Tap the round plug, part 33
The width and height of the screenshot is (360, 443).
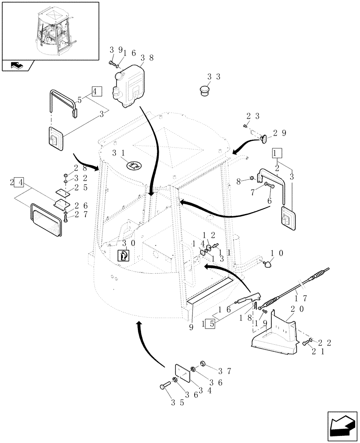(x=203, y=91)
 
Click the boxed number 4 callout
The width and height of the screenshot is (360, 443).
(x=97, y=92)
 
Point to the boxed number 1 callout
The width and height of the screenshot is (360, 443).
(x=277, y=154)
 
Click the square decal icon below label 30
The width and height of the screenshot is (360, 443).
(x=123, y=256)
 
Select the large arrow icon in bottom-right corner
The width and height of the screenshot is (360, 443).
(x=341, y=425)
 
